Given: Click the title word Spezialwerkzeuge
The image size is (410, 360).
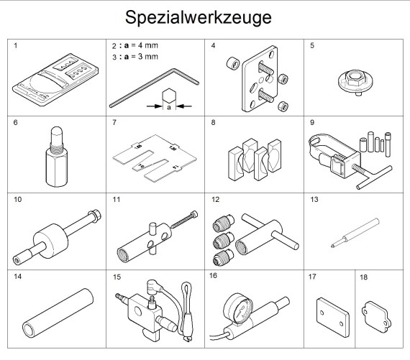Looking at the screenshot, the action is (x=199, y=18).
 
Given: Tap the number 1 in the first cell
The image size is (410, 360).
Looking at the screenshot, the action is (x=15, y=45).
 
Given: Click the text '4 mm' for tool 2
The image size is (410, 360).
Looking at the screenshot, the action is (x=148, y=45).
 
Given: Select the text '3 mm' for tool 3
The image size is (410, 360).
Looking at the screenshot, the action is (x=148, y=57).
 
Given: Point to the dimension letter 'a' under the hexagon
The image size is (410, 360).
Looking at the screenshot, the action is (x=169, y=107).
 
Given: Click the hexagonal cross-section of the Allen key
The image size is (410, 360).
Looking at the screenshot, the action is (x=168, y=95).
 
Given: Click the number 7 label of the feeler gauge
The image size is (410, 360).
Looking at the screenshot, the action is (x=114, y=123).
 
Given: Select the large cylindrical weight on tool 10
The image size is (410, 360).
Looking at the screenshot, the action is (x=51, y=240).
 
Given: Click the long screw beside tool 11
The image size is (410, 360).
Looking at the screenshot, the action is (x=184, y=219).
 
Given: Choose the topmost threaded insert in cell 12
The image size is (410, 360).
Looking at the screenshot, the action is (x=223, y=223).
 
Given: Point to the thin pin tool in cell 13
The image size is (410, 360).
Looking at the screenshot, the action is (x=355, y=233).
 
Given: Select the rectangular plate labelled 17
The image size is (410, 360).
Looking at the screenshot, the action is (x=332, y=317).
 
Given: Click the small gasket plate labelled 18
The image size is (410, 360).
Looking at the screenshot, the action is (x=376, y=317).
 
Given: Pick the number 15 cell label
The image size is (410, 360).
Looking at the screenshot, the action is (x=117, y=277).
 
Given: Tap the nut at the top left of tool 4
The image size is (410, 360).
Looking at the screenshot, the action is (x=233, y=63).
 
